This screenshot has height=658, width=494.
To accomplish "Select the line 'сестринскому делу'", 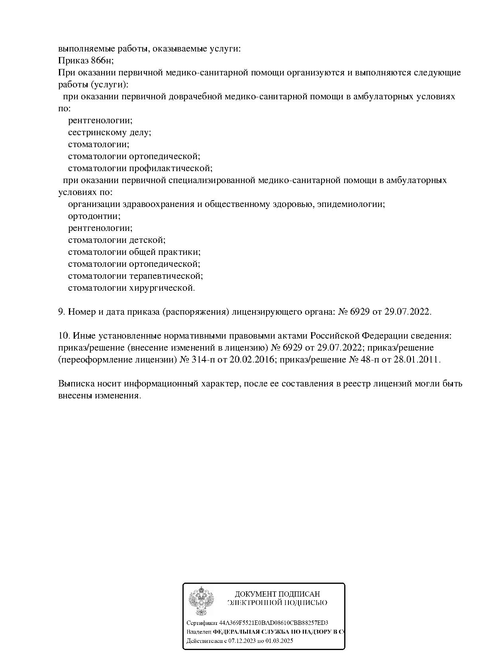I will [x=109, y=132].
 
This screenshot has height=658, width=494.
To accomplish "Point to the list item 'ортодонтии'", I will [x=94, y=216].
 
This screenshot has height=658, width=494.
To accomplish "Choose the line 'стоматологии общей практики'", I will [x=134, y=252].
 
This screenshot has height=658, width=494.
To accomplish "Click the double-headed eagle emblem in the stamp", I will [x=201, y=602].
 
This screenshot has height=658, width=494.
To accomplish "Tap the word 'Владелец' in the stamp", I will [x=199, y=632].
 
